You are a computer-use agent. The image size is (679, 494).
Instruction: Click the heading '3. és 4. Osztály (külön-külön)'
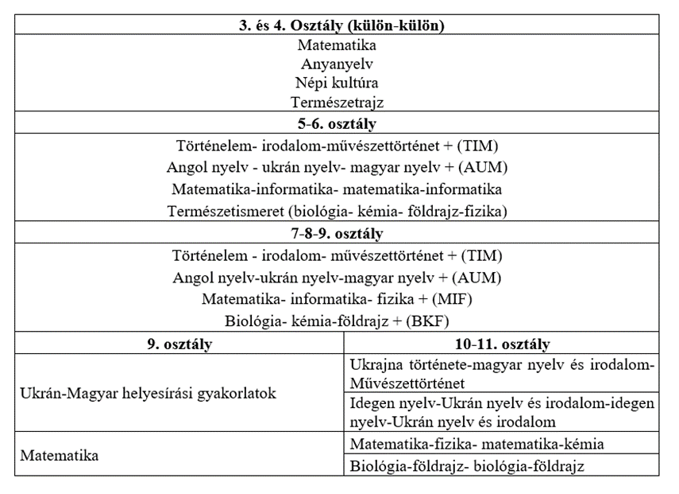(x=337, y=25)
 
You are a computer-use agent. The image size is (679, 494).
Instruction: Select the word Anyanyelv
(x=337, y=64)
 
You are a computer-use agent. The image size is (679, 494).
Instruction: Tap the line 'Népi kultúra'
(x=337, y=83)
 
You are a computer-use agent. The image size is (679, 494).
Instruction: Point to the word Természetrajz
(x=337, y=102)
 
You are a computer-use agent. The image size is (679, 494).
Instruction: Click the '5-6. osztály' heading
(x=337, y=123)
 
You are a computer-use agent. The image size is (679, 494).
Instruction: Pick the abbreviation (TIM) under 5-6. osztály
(x=478, y=146)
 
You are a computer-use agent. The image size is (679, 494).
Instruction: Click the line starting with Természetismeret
(x=337, y=212)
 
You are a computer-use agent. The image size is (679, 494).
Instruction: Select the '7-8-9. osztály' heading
(x=337, y=234)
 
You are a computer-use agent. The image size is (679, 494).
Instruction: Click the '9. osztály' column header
(x=179, y=344)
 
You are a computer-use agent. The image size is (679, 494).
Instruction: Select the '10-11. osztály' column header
(x=502, y=344)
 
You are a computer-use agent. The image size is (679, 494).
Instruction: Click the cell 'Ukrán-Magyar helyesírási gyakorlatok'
(x=149, y=394)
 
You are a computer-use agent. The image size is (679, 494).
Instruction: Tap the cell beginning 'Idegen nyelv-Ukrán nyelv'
(x=502, y=413)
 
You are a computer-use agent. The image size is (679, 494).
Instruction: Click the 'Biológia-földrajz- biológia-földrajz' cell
(x=467, y=466)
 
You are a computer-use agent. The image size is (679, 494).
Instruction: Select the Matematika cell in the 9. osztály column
(x=60, y=456)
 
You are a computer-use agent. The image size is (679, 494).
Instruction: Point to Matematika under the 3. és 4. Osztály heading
(x=337, y=45)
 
